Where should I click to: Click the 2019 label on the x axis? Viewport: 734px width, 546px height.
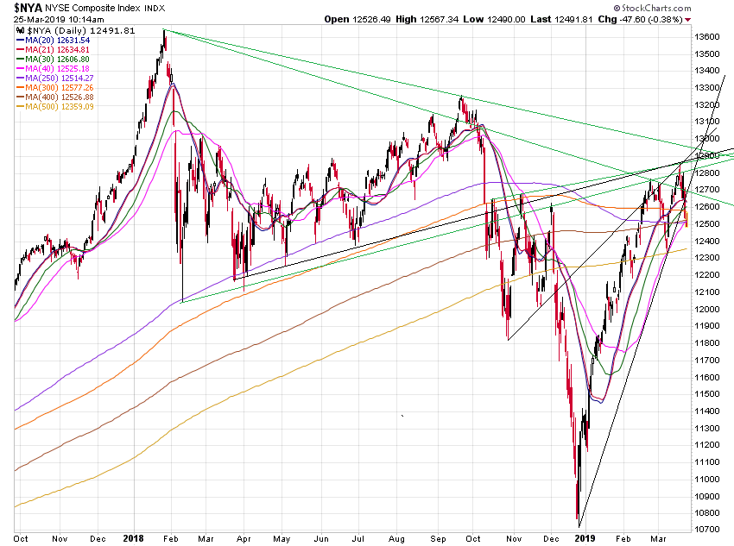(587, 538)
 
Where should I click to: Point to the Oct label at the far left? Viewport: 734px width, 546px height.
(21, 538)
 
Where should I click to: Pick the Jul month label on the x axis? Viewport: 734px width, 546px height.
(358, 538)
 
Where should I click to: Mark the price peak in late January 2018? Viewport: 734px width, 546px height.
(164, 31)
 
